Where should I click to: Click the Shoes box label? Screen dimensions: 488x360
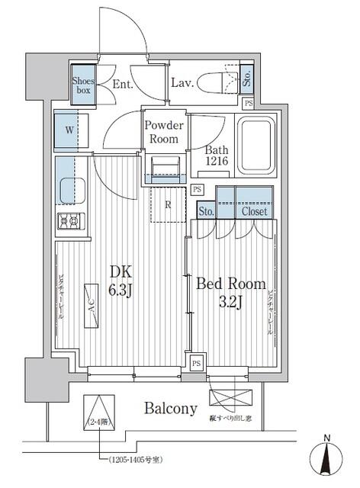(83, 84)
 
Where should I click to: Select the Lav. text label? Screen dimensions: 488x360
(182, 84)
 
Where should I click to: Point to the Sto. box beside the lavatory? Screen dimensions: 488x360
(247, 79)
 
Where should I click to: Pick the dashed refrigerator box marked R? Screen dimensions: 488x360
(167, 204)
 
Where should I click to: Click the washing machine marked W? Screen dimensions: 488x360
(69, 130)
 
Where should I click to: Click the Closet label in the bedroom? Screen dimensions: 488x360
(254, 211)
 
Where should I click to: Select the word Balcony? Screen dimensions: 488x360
(171, 409)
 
